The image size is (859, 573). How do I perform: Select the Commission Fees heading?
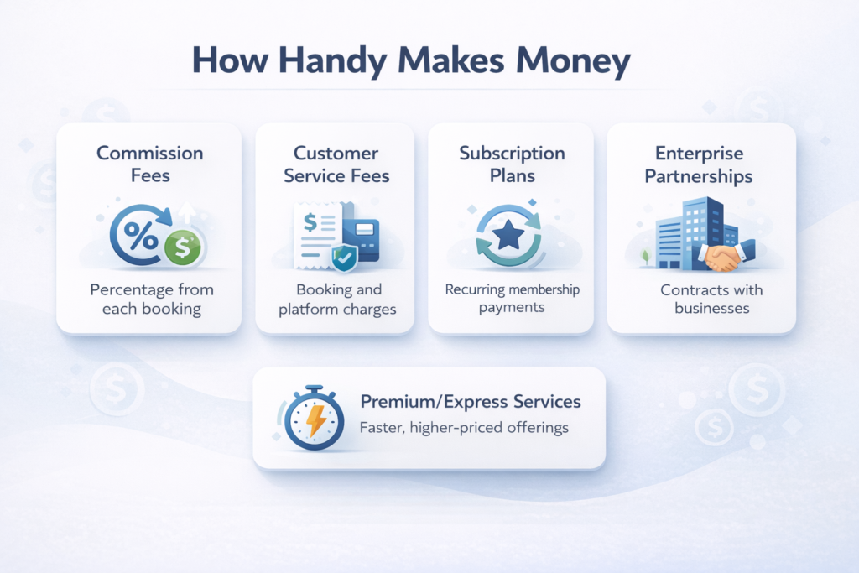click(x=149, y=164)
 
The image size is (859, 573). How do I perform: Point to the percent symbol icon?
click(x=138, y=237)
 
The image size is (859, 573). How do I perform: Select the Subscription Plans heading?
click(x=512, y=164)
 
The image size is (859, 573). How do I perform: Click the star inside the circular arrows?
click(x=508, y=237)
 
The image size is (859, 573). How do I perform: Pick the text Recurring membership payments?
click(x=512, y=299)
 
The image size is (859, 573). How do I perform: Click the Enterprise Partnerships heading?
click(x=700, y=164)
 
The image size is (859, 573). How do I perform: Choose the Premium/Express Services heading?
click(x=470, y=401)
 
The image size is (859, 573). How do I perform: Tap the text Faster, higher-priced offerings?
click(x=464, y=428)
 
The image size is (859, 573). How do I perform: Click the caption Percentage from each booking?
click(x=152, y=299)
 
